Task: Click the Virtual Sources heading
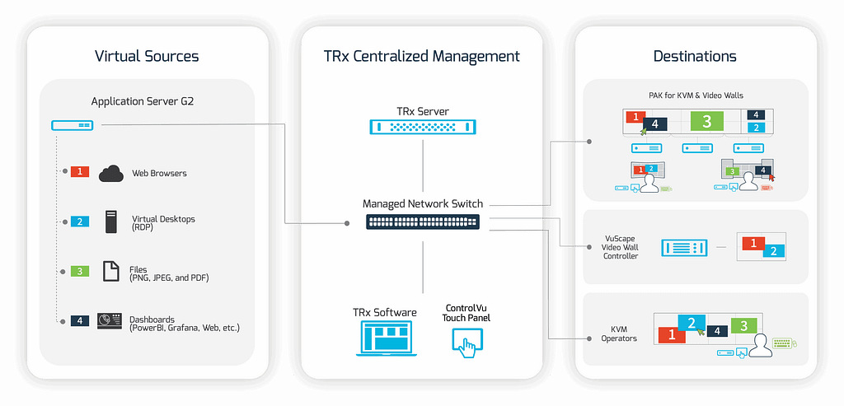147,56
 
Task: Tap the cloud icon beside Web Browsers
111,173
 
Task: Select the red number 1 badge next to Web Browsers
80,171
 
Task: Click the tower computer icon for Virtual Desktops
111,221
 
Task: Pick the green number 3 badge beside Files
80,271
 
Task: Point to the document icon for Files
111,271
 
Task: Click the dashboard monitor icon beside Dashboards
110,320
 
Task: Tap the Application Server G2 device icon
72,125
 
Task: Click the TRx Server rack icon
423,127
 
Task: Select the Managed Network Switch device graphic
423,222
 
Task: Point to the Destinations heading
695,56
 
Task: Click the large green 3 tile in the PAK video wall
706,122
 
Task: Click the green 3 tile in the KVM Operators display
744,325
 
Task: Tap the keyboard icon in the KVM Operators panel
785,343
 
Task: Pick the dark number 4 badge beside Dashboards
80,320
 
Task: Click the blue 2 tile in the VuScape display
773,250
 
